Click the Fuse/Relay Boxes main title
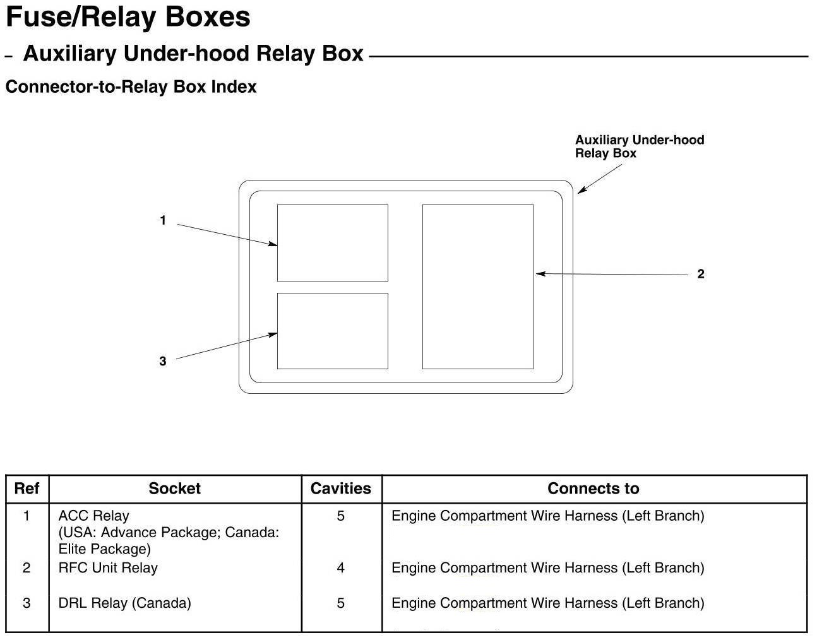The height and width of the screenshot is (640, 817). tap(128, 17)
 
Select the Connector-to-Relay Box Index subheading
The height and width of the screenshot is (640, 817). tap(131, 87)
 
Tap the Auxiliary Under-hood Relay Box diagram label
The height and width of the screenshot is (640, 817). tap(638, 146)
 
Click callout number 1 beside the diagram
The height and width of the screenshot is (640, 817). tap(163, 221)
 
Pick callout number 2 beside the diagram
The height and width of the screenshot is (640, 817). tap(700, 274)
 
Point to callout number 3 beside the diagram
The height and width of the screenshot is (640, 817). tap(163, 361)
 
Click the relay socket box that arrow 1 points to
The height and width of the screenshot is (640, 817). tap(332, 243)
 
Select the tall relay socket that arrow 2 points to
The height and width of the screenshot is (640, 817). tap(477, 287)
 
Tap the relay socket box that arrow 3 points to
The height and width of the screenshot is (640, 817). tap(332, 331)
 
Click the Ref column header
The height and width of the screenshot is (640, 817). tap(27, 489)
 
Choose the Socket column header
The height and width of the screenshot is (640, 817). tap(174, 489)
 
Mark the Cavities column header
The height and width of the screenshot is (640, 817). tap(341, 489)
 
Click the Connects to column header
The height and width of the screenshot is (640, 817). tap(593, 489)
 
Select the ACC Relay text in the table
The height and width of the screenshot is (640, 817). tap(93, 516)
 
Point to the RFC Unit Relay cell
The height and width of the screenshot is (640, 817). tap(108, 567)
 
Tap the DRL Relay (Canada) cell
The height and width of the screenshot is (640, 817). tap(124, 603)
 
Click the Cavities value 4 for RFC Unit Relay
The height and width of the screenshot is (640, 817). tap(341, 568)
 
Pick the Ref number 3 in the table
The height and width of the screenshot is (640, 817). tap(27, 603)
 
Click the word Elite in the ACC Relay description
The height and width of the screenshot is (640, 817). tap(73, 549)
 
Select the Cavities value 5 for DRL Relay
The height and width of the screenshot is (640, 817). tap(341, 603)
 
